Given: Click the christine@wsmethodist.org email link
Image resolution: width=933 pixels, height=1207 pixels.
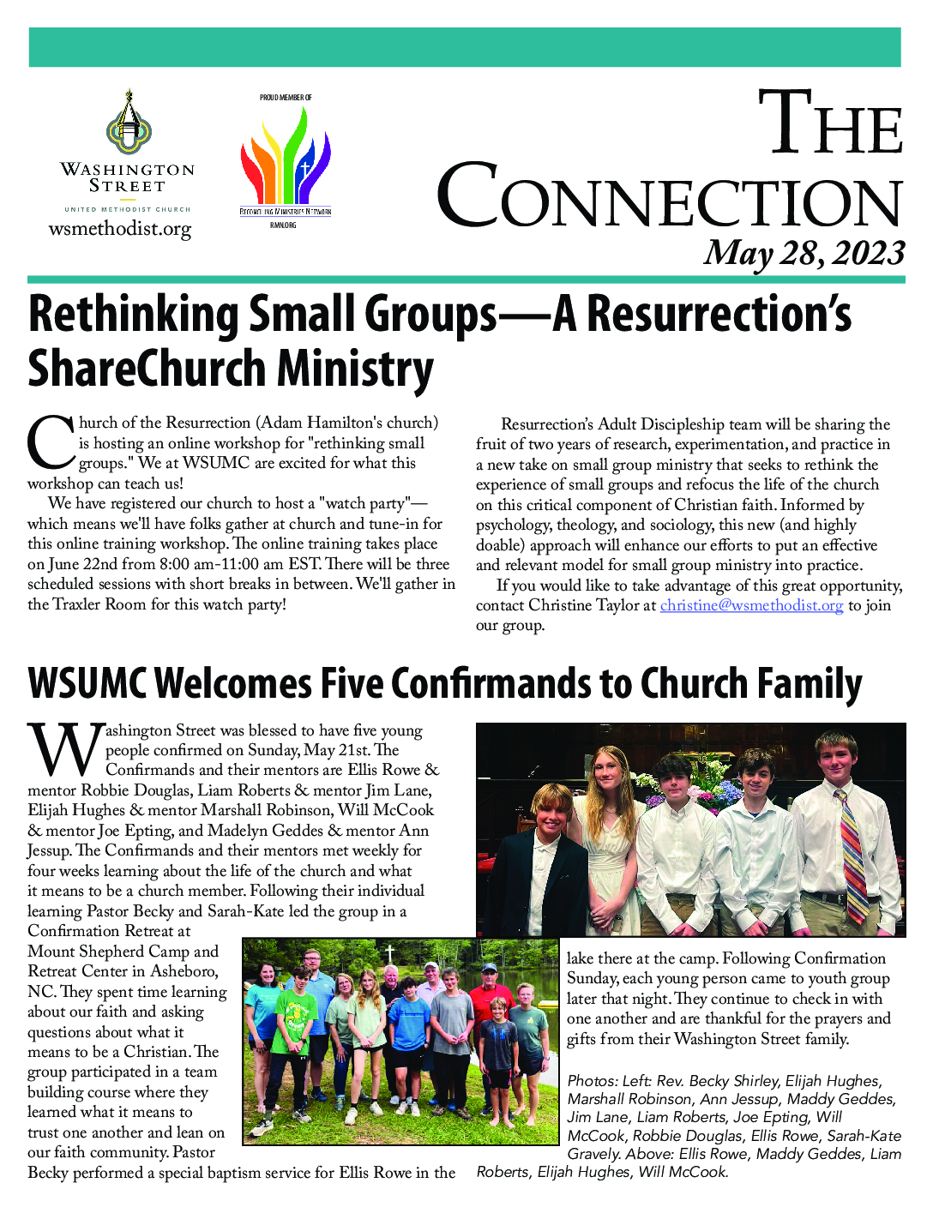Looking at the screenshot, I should coord(751,605).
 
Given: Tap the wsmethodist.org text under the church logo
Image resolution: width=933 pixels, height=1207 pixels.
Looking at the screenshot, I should coord(120,229).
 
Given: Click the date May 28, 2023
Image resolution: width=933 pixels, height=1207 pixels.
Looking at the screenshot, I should coord(804,253).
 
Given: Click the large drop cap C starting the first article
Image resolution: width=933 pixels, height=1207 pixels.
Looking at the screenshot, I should coord(51,441).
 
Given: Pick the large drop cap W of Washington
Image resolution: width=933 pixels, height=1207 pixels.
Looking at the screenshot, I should coord(65,751).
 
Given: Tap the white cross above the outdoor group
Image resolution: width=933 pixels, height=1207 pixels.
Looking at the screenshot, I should coord(388,952).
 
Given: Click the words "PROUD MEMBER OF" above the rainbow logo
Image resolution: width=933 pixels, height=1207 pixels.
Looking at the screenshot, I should coord(286,98).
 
